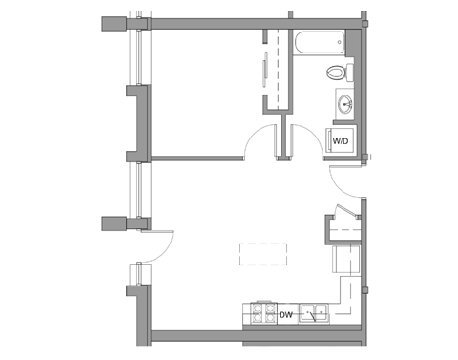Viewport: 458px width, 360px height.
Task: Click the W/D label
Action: click(341, 141)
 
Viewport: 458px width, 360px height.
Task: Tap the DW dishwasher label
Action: click(285, 315)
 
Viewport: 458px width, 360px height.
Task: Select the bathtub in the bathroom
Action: click(319, 43)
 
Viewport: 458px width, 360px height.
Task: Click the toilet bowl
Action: click(336, 73)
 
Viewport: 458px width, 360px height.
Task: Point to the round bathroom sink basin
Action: click(345, 103)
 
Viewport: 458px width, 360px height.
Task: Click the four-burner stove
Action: click(263, 313)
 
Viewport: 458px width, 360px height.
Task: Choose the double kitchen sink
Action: click(314, 313)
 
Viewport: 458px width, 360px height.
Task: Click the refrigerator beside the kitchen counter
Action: click(346, 259)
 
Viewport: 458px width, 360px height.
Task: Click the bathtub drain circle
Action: click(340, 42)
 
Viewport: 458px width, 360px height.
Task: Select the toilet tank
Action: click(349, 73)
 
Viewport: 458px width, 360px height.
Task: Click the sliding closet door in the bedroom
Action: click(264, 69)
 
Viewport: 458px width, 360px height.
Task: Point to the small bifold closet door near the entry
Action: click(346, 211)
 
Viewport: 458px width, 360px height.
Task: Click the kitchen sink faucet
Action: click(313, 317)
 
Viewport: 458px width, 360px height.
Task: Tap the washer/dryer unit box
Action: click(341, 142)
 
